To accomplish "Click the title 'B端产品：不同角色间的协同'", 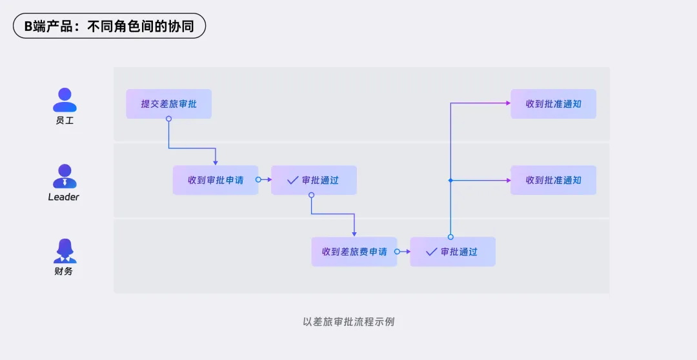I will pyautogui.click(x=109, y=26).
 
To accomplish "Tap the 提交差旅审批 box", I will pyautogui.click(x=168, y=104).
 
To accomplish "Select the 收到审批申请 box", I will pyautogui.click(x=216, y=180).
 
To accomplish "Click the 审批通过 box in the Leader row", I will pyautogui.click(x=314, y=180).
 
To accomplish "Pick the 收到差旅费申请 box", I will pyautogui.click(x=354, y=252).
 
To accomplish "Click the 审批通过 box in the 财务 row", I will pyautogui.click(x=452, y=252).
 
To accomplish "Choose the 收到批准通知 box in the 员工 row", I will pyautogui.click(x=553, y=104).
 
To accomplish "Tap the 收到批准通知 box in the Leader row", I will pyautogui.click(x=553, y=180).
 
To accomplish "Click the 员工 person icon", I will pyautogui.click(x=65, y=100).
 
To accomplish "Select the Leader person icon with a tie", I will pyautogui.click(x=65, y=176).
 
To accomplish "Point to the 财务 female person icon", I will pyautogui.click(x=65, y=251).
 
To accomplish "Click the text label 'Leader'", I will pyautogui.click(x=64, y=197).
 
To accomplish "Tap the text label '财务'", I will pyautogui.click(x=64, y=272).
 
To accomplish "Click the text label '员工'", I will pyautogui.click(x=65, y=121).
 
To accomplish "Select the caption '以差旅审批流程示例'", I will pyautogui.click(x=348, y=321).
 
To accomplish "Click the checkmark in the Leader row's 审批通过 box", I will pyautogui.click(x=292, y=180).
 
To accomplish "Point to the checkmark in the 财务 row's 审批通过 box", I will pyautogui.click(x=431, y=252).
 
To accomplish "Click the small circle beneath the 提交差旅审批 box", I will pyautogui.click(x=168, y=119).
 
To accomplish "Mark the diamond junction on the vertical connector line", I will pyautogui.click(x=450, y=180).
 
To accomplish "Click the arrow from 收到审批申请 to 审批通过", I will pyautogui.click(x=265, y=180).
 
